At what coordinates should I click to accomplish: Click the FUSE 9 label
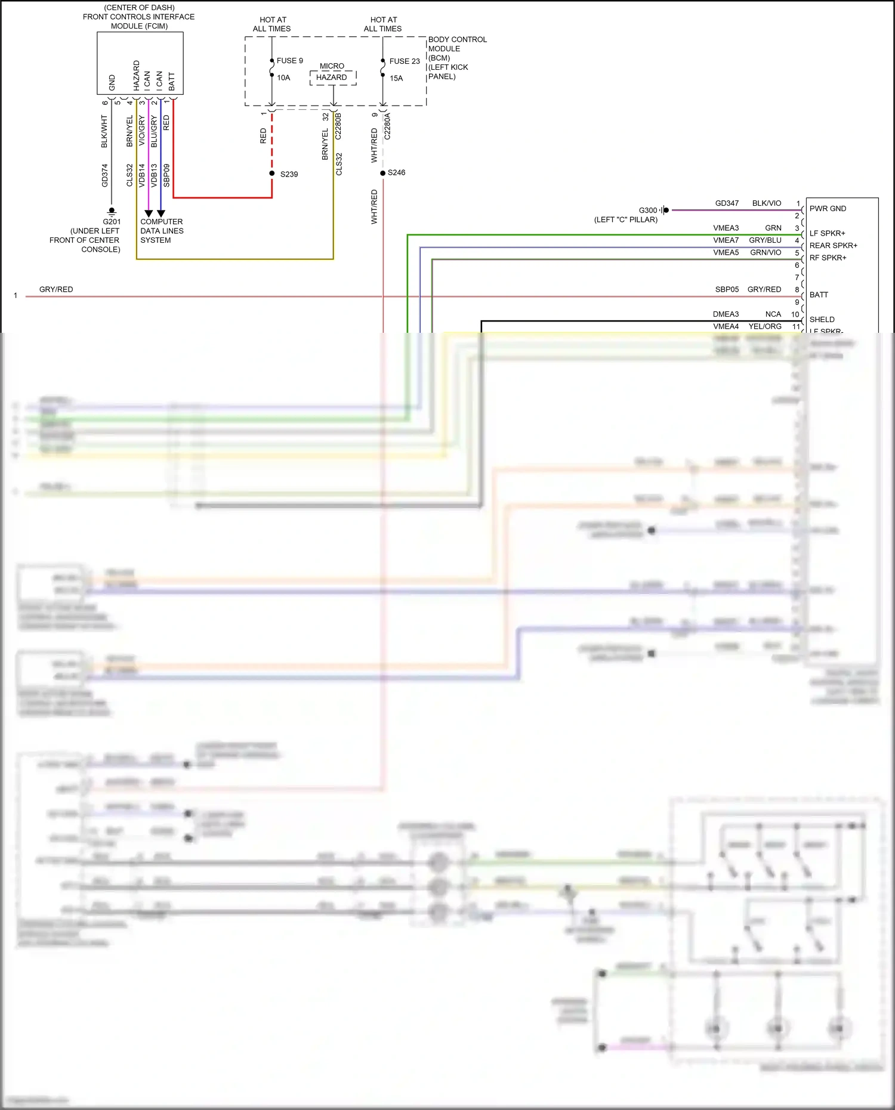[289, 61]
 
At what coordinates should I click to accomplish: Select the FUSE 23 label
[405, 61]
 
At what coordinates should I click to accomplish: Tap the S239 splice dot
[272, 174]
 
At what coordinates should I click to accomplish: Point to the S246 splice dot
[383, 173]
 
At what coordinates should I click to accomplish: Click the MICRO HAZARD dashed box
[333, 78]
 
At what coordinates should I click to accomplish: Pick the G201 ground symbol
[112, 211]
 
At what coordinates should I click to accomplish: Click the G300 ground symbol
[665, 210]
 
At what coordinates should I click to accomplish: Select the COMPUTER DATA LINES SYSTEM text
[161, 231]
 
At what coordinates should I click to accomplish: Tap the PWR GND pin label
[828, 209]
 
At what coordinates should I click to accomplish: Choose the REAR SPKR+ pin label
[833, 246]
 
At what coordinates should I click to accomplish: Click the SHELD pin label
[822, 320]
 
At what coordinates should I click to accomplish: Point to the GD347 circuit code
[727, 203]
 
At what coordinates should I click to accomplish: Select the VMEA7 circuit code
[726, 240]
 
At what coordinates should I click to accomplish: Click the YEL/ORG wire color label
[765, 326]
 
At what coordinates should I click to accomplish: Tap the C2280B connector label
[338, 126]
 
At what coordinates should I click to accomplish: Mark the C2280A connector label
[387, 126]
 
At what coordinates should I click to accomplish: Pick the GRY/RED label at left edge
[56, 289]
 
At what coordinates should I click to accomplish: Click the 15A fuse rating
[396, 78]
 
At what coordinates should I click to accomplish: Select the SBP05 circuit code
[727, 289]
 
